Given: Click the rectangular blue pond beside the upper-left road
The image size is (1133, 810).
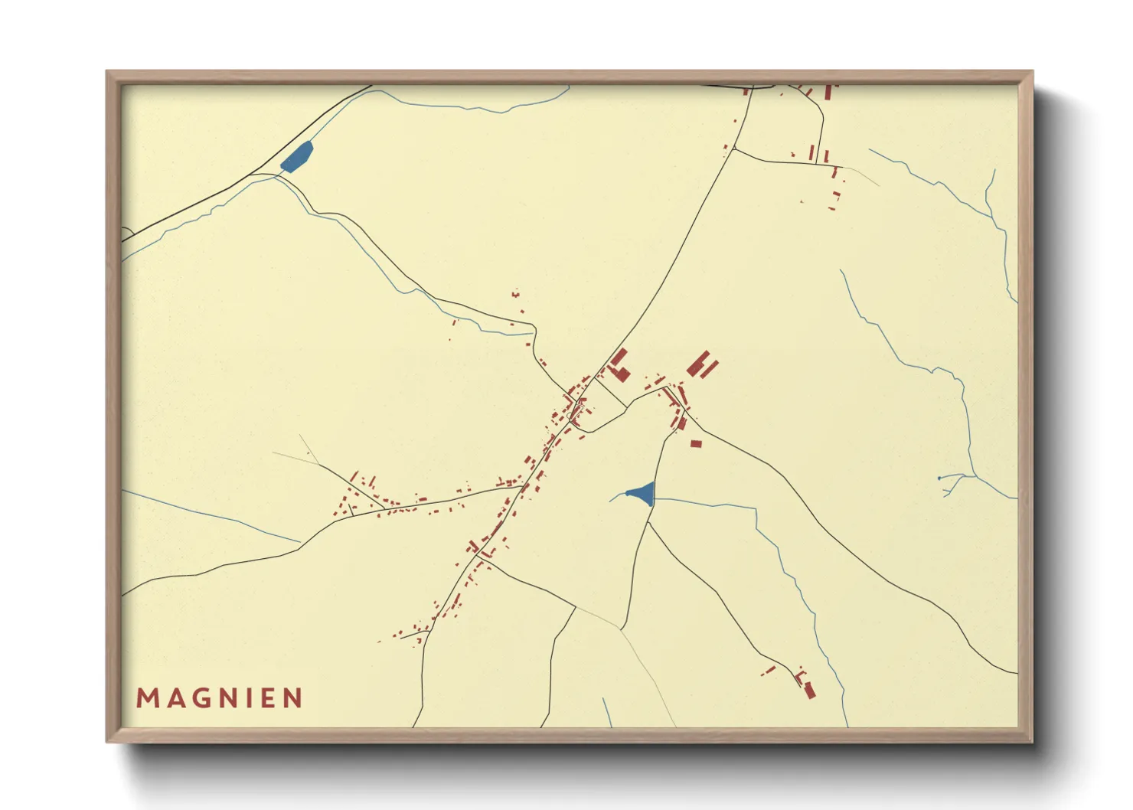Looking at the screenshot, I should click(296, 158).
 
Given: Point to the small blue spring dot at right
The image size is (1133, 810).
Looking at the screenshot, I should click(939, 478).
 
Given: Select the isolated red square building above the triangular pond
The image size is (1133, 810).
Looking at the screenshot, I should click(696, 443).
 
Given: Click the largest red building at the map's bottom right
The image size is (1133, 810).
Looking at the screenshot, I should click(809, 691).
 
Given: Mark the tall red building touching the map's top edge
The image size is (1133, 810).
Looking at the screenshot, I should click(827, 92).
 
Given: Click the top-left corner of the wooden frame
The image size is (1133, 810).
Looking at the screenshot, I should click(107, 71).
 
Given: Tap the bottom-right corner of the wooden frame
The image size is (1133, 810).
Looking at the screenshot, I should click(1033, 742).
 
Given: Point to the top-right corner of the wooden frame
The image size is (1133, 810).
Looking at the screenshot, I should click(1033, 71).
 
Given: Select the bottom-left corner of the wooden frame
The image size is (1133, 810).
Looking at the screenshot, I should click(107, 742).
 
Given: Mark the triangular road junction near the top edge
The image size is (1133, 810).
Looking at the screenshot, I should click(746, 89).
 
